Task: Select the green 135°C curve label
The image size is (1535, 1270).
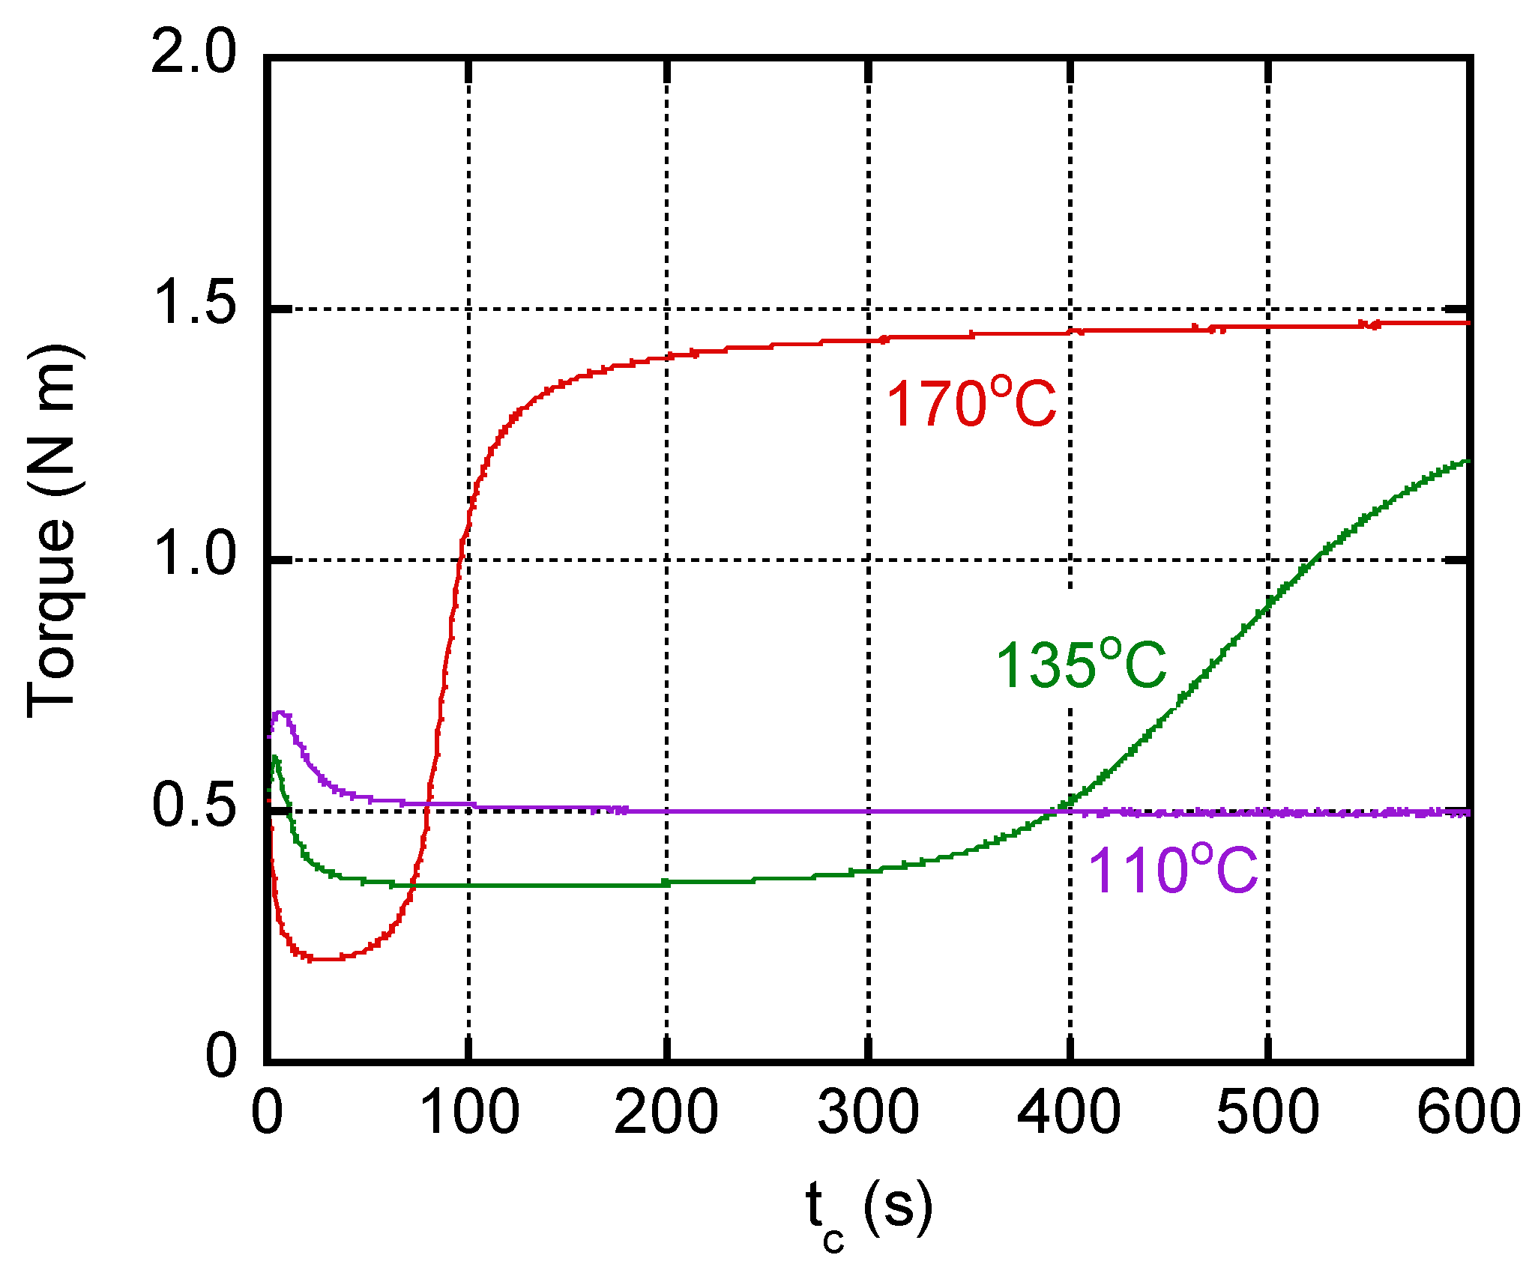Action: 1081,665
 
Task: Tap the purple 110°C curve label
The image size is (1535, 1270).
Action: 1172,871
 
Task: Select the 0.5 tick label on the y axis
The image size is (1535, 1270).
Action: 193,807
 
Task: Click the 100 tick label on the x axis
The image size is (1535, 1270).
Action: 469,1112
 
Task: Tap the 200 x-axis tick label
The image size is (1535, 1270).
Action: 666,1112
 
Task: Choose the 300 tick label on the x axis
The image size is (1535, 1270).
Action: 868,1112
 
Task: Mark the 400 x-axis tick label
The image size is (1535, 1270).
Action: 1069,1112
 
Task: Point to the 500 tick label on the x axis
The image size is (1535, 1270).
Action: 1267,1112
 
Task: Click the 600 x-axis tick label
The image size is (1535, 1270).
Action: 1468,1112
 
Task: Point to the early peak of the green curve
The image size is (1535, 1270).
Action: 275,758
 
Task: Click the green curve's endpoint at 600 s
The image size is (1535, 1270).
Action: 1466,462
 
